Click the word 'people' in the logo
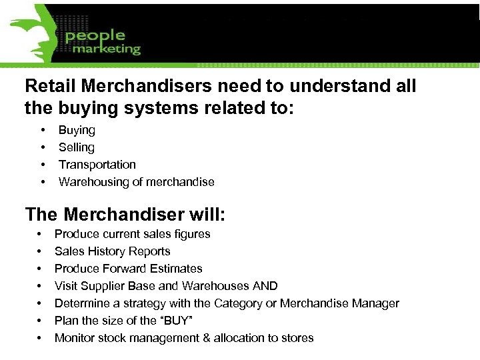(95, 35)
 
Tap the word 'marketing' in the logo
(107, 49)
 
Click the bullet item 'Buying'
(77, 130)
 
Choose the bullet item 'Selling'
(77, 147)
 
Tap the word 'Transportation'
(97, 165)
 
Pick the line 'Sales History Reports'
(112, 251)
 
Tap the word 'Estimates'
(177, 269)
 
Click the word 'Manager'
(376, 303)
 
